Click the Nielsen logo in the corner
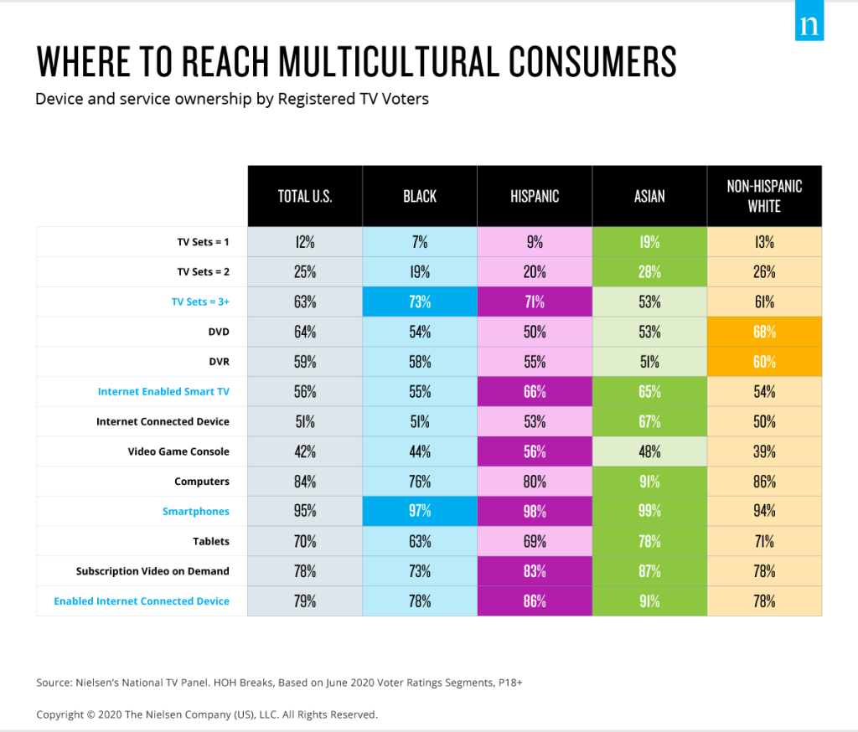click(809, 23)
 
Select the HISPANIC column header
click(535, 196)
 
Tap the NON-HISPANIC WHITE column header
click(764, 196)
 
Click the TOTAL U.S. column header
click(305, 196)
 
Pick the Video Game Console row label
click(178, 451)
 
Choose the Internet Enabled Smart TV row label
click(163, 391)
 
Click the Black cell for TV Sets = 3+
click(420, 302)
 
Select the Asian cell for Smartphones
click(649, 511)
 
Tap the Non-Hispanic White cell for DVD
click(764, 332)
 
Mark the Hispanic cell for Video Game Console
click(535, 451)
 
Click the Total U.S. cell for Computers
click(305, 482)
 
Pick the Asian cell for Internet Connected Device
click(649, 421)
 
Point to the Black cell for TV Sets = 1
click(420, 242)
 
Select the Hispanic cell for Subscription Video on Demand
click(535, 571)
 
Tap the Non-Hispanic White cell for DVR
click(764, 362)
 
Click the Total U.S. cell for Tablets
click(305, 541)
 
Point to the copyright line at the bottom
click(207, 714)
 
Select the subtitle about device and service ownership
click(232, 99)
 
